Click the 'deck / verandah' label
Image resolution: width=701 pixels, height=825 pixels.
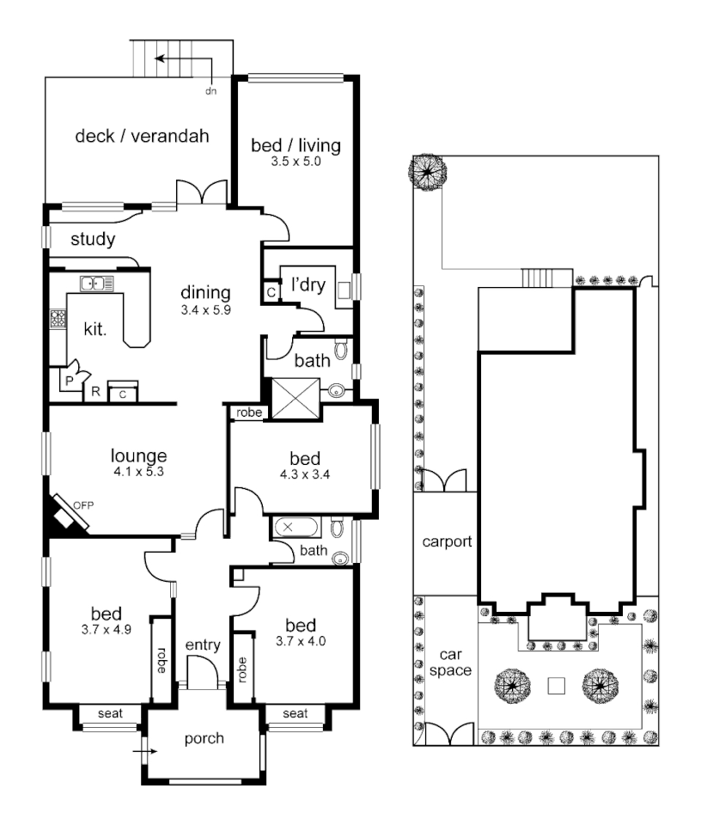click(142, 136)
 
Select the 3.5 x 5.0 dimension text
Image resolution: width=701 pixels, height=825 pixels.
click(296, 161)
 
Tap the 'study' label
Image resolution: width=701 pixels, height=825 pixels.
click(92, 240)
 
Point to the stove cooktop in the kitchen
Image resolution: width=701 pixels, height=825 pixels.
click(58, 320)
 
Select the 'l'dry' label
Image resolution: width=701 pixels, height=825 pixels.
click(308, 284)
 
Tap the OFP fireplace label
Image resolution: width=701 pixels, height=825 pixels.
click(82, 504)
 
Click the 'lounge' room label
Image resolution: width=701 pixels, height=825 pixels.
click(138, 455)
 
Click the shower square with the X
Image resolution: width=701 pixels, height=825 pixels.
click(296, 397)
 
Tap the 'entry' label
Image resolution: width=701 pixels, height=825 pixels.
click(204, 645)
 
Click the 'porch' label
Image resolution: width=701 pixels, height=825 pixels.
click(204, 738)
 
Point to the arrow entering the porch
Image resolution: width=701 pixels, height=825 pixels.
click(146, 751)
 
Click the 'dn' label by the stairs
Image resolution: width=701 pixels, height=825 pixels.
click(210, 89)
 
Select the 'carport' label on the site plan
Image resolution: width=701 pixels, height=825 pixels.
click(447, 543)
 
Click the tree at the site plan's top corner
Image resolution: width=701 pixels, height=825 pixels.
click(427, 172)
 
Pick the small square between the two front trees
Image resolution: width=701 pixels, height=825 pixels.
click(557, 686)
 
